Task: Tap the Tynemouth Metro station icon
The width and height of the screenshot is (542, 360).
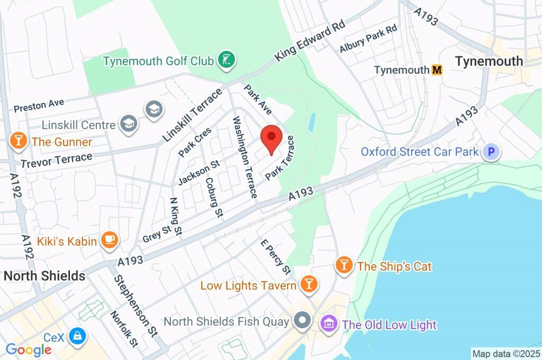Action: (x=437, y=70)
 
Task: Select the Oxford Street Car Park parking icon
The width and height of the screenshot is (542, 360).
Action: (x=492, y=152)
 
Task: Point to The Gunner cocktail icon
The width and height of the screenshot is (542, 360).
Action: (x=19, y=141)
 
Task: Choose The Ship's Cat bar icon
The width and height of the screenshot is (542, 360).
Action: (x=345, y=265)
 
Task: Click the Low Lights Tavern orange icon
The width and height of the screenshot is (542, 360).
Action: (x=308, y=285)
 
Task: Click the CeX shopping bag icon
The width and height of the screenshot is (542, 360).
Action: (x=78, y=336)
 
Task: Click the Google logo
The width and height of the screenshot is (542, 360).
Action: (x=28, y=349)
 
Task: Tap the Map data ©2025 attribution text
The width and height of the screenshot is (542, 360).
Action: (x=505, y=353)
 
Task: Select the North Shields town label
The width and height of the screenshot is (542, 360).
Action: (x=44, y=276)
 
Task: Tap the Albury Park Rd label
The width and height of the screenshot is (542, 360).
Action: (x=368, y=39)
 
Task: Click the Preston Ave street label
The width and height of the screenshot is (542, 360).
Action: (x=39, y=104)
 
